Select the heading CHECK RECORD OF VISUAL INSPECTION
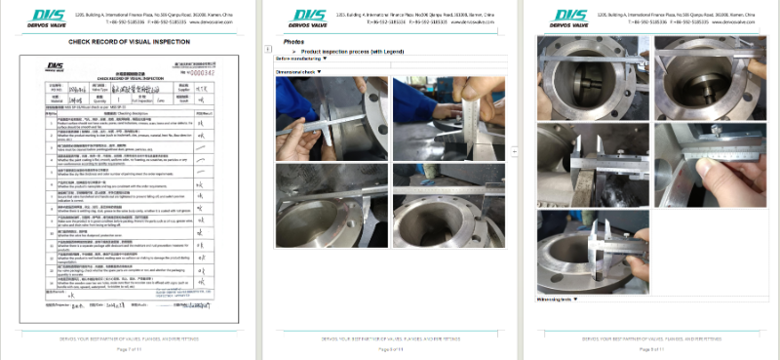[x=129, y=42]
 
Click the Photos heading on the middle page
[x=293, y=42]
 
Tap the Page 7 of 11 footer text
[x=130, y=348]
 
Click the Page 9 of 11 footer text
[x=649, y=348]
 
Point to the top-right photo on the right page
[x=709, y=75]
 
